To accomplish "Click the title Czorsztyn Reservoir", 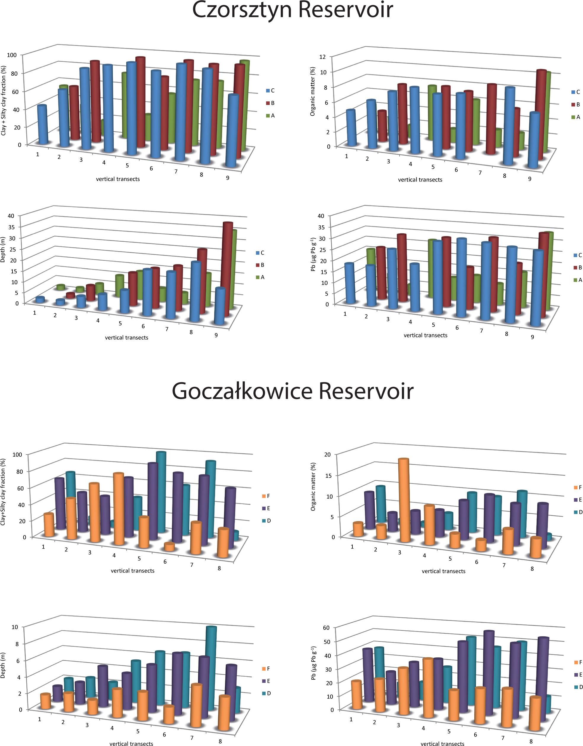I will pyautogui.click(x=292, y=10).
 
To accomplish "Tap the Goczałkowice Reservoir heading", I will pyautogui.click(x=292, y=391).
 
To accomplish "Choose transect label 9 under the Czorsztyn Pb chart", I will pyautogui.click(x=532, y=337).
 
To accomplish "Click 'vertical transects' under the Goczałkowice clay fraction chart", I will pyautogui.click(x=132, y=571).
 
